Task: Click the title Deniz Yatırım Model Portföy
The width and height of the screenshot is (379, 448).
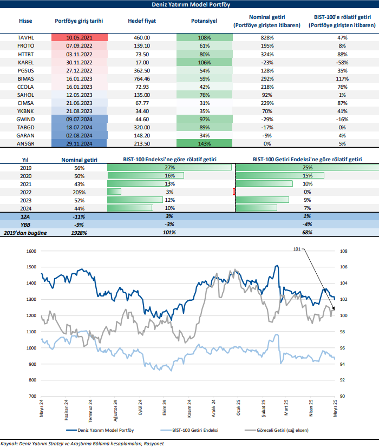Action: coord(189,5)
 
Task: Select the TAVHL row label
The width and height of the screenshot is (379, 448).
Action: coord(25,37)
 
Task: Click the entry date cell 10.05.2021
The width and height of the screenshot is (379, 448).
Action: coord(80,37)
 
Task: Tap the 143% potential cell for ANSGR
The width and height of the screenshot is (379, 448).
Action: coord(204,143)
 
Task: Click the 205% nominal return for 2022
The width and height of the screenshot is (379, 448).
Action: coord(80,192)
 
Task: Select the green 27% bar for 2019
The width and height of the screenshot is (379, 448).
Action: coord(170,168)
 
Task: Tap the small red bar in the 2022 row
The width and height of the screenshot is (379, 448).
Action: coord(234,192)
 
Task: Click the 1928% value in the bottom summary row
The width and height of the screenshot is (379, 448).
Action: coord(80,232)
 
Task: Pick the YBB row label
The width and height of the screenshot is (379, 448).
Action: coord(25,224)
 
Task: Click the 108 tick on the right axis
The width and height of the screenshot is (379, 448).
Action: coord(343,251)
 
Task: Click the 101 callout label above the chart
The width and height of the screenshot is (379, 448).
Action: coord(296,249)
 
